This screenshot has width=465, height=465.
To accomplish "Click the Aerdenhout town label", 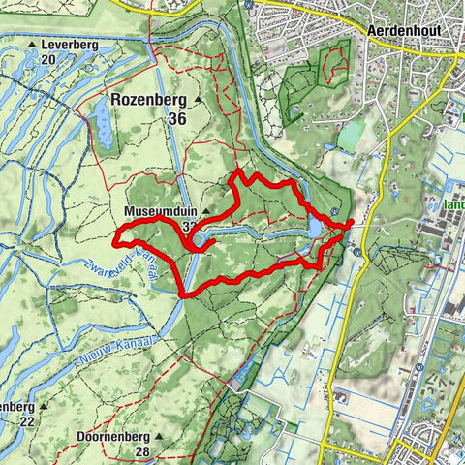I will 404,30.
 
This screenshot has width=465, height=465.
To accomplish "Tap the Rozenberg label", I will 147,99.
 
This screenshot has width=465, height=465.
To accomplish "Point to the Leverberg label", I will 74,45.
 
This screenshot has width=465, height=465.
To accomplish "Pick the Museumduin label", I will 158,211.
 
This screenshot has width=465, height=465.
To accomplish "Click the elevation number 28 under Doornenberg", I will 143,452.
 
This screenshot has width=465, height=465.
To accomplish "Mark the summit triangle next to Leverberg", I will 32,46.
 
